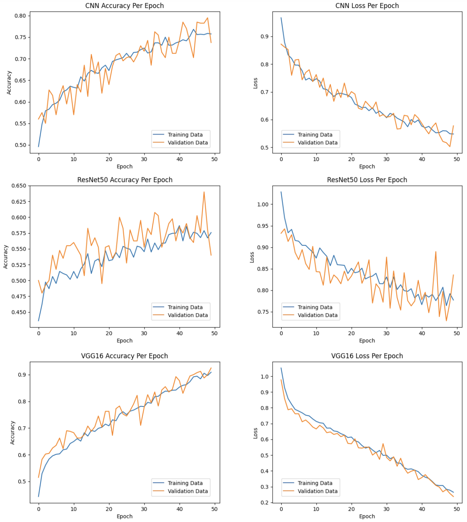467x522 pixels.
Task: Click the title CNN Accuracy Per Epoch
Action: coord(125,6)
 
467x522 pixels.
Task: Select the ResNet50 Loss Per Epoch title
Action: coord(367,180)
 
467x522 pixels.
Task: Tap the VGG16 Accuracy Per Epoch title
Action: coord(125,356)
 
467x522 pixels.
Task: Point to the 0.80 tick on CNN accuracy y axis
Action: coord(20,16)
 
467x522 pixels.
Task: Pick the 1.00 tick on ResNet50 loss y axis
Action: coord(263,204)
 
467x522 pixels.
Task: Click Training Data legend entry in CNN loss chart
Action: coord(315,135)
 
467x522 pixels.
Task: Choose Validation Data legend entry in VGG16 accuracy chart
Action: coord(187,491)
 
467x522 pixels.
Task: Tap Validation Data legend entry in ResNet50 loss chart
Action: coord(317,315)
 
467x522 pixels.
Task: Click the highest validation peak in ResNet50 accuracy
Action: coord(204,192)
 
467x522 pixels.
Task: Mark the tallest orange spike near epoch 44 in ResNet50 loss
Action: coord(436,251)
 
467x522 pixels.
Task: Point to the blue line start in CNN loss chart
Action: coord(281,18)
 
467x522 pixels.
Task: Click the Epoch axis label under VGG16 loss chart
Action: coord(367,516)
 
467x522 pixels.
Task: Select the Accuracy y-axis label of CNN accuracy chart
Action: coord(9,83)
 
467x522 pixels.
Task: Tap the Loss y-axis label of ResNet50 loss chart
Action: coord(252,257)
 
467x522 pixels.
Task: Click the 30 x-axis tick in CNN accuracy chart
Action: coord(144,159)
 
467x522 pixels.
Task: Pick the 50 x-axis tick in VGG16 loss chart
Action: coord(457,509)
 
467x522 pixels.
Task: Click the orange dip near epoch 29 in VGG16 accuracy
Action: coord(140,425)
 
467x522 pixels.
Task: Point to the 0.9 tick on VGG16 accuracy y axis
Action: coord(22,375)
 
